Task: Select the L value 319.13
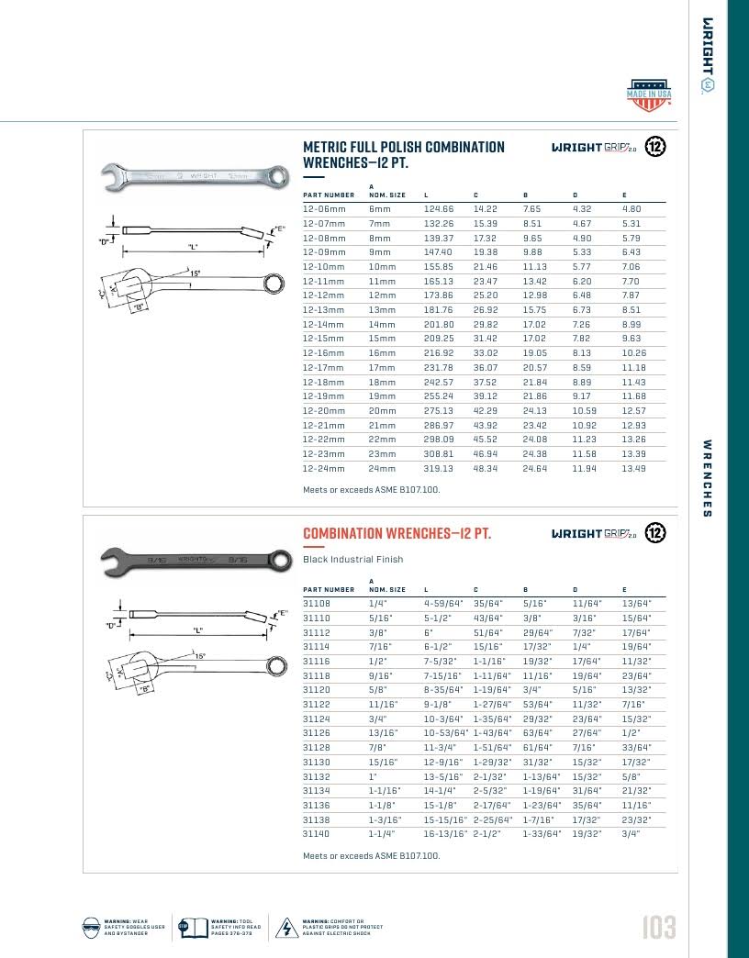coord(439,468)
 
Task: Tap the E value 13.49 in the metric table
coord(633,468)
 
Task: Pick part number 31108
coord(317,604)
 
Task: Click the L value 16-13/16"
coord(445,834)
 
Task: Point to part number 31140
coord(317,834)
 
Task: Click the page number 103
coord(658,927)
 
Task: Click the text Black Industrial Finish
coord(352,559)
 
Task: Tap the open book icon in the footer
coord(189,927)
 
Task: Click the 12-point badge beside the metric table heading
coord(654,147)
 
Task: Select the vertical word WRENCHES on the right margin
coord(707,477)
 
